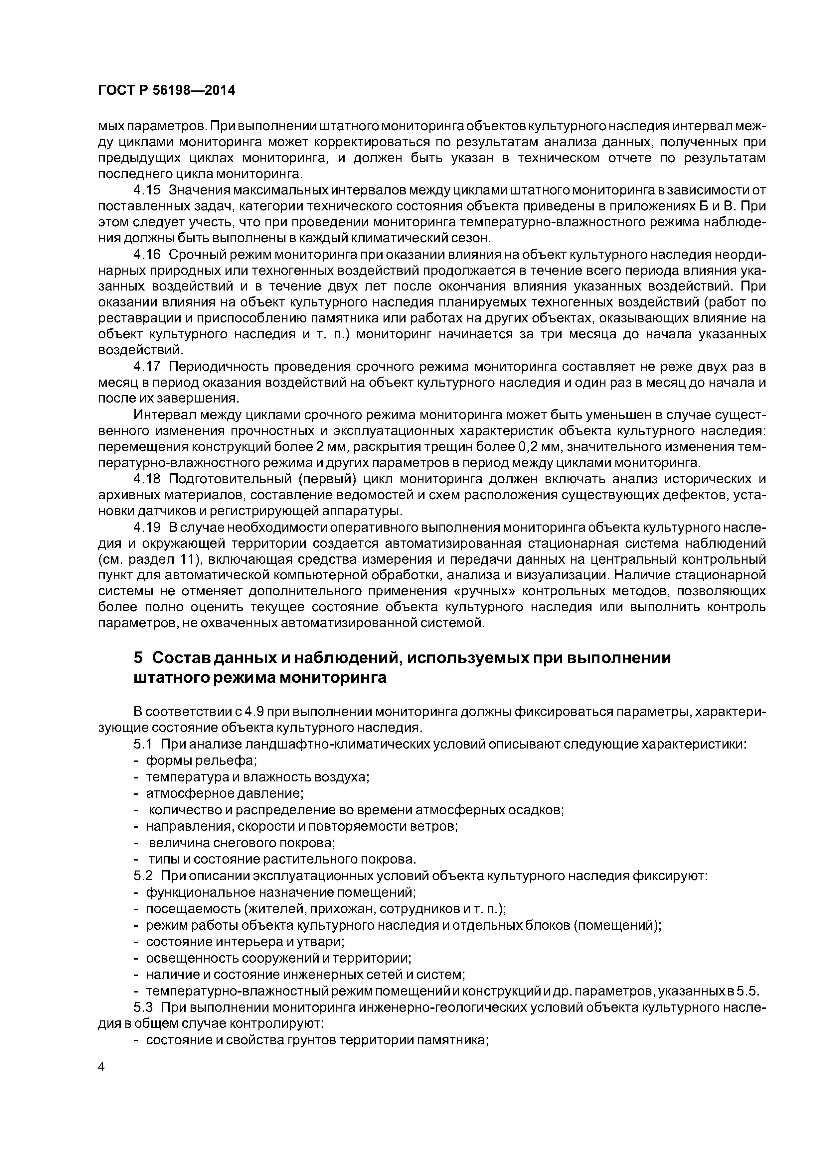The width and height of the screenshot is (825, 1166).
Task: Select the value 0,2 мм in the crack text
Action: click(x=539, y=447)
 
